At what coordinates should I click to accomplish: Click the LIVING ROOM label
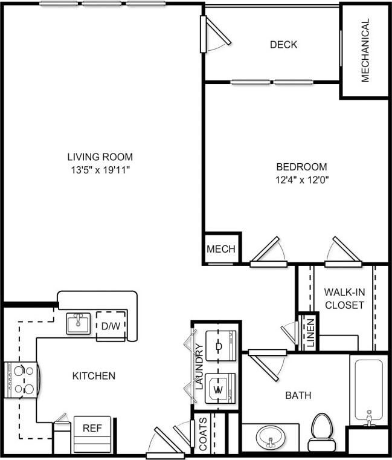click(x=100, y=157)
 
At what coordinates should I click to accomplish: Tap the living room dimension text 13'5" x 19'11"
click(x=100, y=170)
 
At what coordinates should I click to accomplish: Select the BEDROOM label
click(x=301, y=167)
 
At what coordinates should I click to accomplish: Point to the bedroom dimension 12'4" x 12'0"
click(x=301, y=180)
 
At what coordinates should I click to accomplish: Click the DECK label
click(x=283, y=45)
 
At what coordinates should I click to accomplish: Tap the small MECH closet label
click(x=221, y=249)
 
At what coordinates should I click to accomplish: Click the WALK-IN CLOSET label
click(x=344, y=299)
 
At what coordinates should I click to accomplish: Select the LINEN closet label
click(x=309, y=333)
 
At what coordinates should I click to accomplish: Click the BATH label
click(x=298, y=395)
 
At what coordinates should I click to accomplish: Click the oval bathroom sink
click(x=269, y=438)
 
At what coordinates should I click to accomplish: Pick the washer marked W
click(x=219, y=388)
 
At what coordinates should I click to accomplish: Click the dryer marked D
click(x=219, y=346)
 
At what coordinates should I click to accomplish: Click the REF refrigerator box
click(x=92, y=429)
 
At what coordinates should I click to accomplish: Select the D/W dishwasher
click(x=111, y=326)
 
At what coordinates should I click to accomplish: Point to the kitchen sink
click(x=78, y=323)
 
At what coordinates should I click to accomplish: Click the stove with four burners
click(x=21, y=380)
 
